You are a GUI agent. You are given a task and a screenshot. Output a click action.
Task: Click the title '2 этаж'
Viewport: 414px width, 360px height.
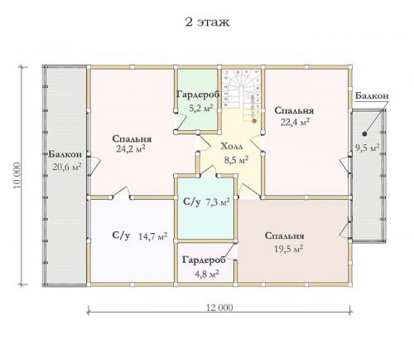coord(207,22)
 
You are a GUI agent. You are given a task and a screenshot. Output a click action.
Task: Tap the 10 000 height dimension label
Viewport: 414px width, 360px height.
coord(17,175)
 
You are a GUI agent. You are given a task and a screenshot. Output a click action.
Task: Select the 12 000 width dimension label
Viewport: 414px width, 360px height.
coord(219,308)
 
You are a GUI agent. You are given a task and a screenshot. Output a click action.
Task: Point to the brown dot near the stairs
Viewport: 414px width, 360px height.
coord(254,120)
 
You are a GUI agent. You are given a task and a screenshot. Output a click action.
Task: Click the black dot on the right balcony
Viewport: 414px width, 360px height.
coord(364,134)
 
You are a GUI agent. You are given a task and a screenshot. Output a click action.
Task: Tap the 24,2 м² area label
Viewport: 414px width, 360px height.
coord(131,149)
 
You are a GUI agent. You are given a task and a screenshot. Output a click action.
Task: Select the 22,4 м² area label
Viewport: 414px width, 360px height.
coord(295,122)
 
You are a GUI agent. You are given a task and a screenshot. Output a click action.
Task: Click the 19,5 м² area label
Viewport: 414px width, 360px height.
coord(289,249)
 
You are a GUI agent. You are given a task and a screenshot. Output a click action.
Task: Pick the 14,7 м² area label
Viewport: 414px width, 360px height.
coord(152,236)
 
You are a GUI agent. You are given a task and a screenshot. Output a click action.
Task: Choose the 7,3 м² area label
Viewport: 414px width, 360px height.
coord(218,202)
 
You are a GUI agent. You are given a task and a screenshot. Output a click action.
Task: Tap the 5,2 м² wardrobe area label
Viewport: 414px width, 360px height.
coord(201,108)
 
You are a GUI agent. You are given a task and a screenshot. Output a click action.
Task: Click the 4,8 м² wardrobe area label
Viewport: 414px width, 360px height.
coord(207,275)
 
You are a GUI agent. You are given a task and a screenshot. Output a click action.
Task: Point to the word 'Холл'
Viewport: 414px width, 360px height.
coord(232,146)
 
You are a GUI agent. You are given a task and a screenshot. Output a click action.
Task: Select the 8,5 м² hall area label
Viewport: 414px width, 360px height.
coord(236,160)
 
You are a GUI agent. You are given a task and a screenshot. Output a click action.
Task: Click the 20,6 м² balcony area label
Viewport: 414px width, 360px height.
coord(66,167)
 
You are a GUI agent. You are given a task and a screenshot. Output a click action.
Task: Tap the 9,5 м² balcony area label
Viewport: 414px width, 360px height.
coord(367,148)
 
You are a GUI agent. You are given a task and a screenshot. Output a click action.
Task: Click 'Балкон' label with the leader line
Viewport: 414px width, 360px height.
coord(372,95)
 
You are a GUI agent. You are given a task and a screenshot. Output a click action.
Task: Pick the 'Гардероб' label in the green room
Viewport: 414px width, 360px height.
coord(198,95)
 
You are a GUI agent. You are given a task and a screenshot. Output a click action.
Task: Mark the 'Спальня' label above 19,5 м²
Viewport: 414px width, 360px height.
coord(285,236)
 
